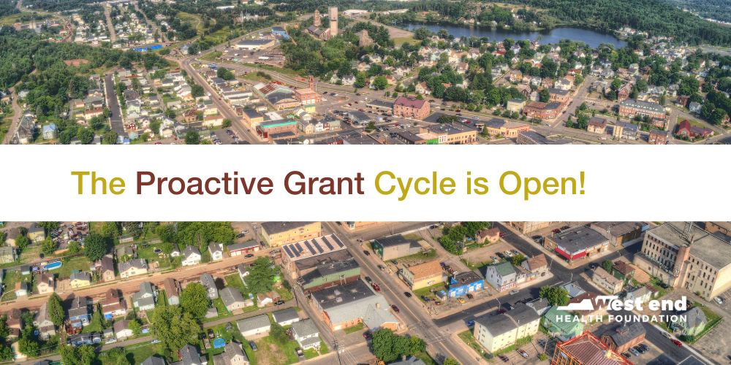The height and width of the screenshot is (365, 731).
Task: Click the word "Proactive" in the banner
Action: [x=204, y=183]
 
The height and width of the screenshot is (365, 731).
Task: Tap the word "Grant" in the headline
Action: [x=324, y=183]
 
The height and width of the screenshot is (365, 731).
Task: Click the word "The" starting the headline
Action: [x=99, y=183]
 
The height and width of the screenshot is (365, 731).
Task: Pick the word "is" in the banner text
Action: [x=477, y=183]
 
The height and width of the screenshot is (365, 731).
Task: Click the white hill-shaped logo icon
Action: [x=583, y=304]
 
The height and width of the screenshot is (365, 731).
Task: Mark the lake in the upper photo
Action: [x=514, y=34]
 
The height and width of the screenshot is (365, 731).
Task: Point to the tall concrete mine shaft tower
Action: [x=333, y=21]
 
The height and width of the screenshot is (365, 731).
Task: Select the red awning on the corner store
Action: [x=570, y=254]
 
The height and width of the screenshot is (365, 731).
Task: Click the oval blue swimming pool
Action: [x=52, y=266]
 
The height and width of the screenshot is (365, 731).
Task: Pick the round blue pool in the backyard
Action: [x=219, y=342]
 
